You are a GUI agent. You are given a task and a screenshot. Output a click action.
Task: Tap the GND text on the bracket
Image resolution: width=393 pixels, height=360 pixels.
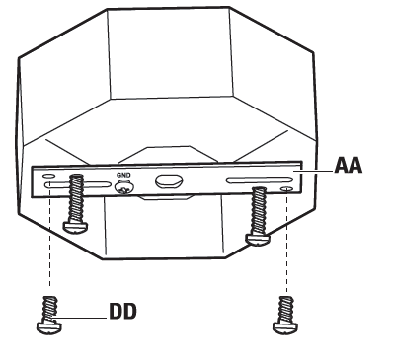pyautogui.click(x=123, y=175)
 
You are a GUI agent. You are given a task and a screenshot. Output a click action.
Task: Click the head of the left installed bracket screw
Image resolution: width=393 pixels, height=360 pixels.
pyautogui.click(x=75, y=224)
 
